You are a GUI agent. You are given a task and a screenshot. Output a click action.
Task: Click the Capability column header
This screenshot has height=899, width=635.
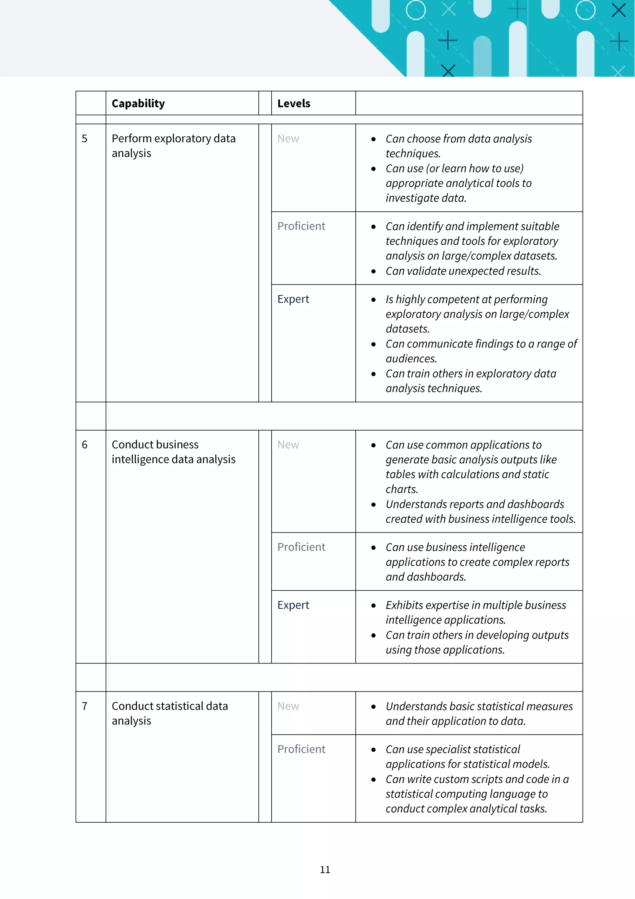138,103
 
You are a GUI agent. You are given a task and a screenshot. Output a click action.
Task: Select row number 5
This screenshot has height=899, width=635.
85,139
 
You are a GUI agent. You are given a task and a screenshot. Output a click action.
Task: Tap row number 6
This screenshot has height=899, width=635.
85,445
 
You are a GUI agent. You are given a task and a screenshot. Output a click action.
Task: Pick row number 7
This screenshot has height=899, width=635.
85,706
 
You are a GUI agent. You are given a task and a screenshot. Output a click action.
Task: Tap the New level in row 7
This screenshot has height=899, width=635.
288,706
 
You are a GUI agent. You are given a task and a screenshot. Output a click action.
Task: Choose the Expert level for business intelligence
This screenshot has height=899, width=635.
293,605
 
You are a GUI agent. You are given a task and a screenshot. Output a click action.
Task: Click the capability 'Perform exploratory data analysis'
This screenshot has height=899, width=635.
173,146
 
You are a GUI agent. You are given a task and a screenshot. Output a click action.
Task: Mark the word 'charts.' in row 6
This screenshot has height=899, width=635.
402,490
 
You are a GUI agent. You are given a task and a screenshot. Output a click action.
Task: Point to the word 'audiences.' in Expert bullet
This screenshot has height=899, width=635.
411,359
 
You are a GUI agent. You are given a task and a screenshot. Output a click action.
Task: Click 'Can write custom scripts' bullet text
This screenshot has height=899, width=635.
477,779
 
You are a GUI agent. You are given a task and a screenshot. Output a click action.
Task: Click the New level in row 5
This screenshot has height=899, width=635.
288,139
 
